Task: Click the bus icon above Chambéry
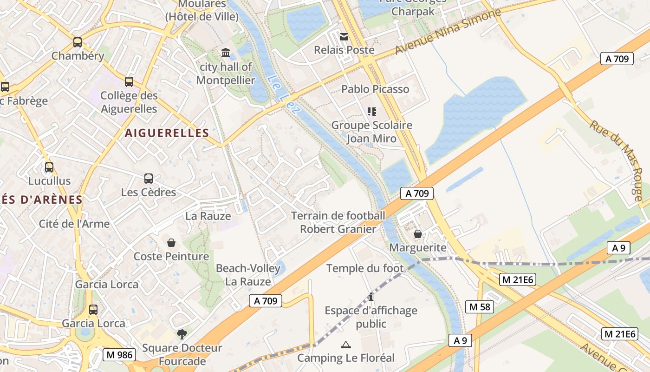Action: [78, 42]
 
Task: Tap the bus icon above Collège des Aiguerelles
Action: [129, 82]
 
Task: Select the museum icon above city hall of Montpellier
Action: [226, 53]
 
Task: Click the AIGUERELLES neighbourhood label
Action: [167, 133]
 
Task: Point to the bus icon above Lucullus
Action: [49, 167]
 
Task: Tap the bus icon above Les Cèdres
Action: [149, 179]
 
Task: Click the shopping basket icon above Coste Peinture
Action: [171, 243]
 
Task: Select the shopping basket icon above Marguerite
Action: [418, 234]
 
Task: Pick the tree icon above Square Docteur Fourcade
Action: [182, 334]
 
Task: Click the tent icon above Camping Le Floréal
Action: [345, 345]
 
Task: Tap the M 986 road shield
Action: [119, 355]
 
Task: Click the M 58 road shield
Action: [480, 307]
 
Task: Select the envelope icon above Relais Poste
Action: [344, 36]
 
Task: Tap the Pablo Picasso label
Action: [375, 89]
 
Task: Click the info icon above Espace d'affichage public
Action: [370, 297]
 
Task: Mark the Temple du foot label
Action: [365, 268]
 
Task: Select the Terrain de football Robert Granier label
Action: [338, 222]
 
